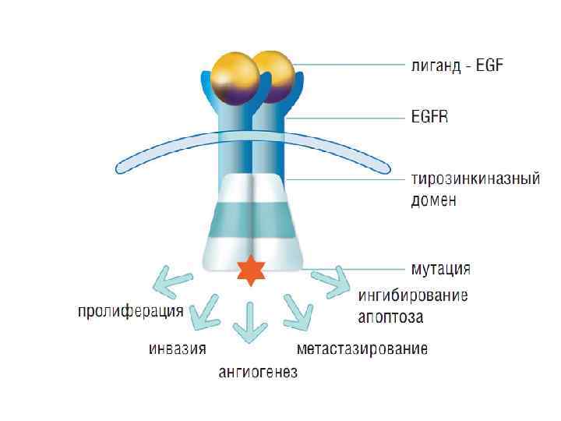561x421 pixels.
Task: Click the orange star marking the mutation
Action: click(x=252, y=269)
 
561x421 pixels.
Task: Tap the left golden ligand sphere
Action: click(x=236, y=78)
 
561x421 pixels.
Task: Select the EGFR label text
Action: click(x=430, y=119)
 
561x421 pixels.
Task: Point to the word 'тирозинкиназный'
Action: click(x=475, y=179)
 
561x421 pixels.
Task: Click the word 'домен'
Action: click(x=433, y=200)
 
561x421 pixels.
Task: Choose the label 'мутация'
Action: click(x=440, y=269)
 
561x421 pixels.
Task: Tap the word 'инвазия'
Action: click(x=178, y=348)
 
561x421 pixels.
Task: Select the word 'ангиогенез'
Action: click(x=257, y=372)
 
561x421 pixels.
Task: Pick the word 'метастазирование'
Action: click(x=362, y=348)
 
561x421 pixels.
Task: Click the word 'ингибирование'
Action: click(x=413, y=295)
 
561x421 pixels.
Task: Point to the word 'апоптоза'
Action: click(x=390, y=317)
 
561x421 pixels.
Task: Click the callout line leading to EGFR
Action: click(x=343, y=119)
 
